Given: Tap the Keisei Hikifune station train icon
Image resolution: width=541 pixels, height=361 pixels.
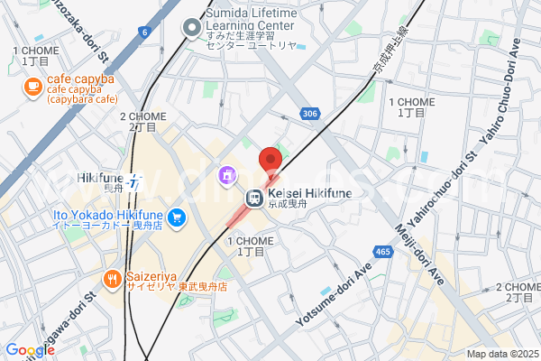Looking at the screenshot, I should pyautogui.click(x=255, y=199).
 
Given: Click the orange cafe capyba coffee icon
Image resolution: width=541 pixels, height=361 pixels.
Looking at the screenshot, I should pyautogui.click(x=32, y=87).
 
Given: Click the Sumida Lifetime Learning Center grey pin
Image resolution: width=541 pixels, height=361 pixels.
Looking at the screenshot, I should pyautogui.click(x=191, y=29).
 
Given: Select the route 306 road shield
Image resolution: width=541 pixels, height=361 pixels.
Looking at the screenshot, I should pyautogui.click(x=309, y=114).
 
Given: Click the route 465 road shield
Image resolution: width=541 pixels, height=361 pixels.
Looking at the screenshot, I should pyautogui.click(x=385, y=252).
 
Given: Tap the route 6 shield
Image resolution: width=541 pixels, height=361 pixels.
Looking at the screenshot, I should pyautogui.click(x=144, y=32).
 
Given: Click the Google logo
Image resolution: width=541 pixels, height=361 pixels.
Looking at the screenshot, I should pyautogui.click(x=30, y=350).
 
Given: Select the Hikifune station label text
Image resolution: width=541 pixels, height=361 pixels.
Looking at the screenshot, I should pyautogui.click(x=99, y=178).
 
